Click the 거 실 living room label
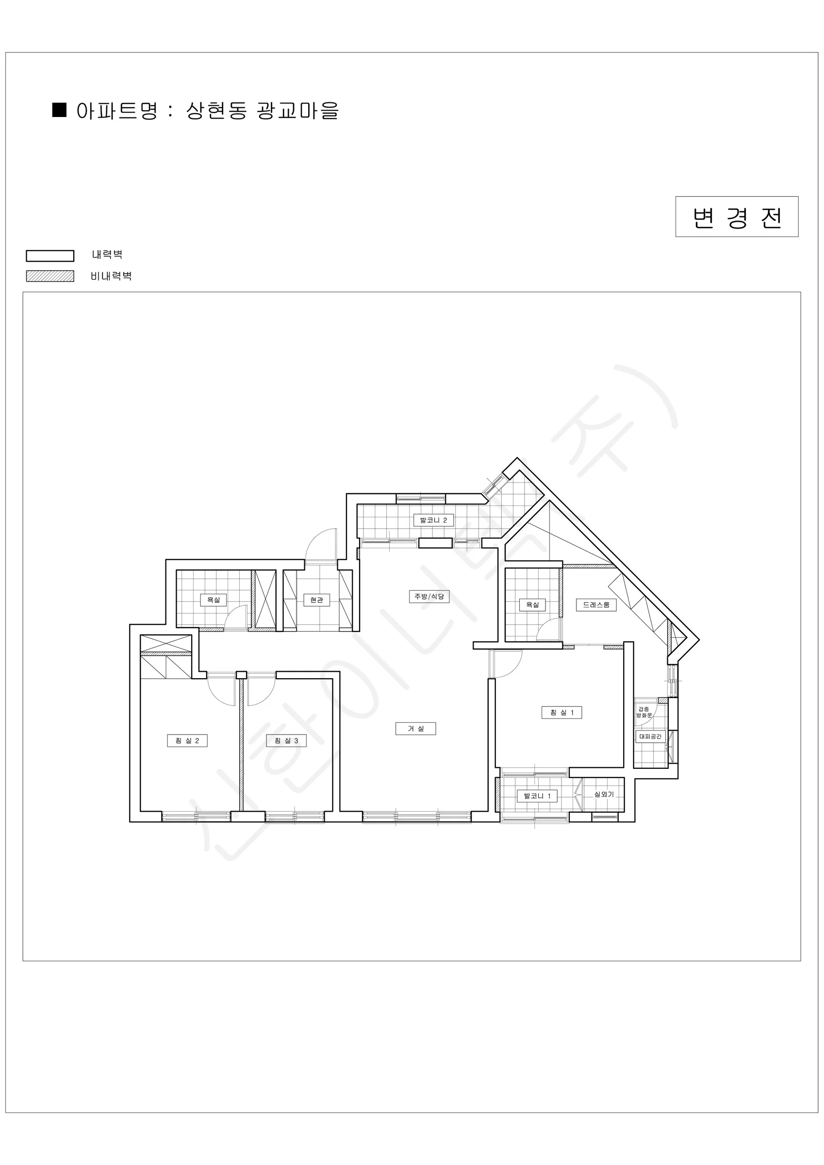coord(415,728)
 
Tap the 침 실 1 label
coord(561,713)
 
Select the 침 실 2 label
coord(187,740)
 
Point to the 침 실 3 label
coord(286,740)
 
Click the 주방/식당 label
coord(429,596)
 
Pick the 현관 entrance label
coord(316,600)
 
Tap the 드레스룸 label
coord(596,605)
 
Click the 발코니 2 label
coord(433,520)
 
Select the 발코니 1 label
coord(537,796)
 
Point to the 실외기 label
coord(604,794)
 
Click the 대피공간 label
coord(650,736)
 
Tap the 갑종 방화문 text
coord(644,712)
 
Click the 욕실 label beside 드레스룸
coord(532,605)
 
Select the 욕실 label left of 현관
coord(214,600)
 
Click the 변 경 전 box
coord(737,216)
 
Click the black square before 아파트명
coord(60,110)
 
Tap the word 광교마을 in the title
coord(297,111)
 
